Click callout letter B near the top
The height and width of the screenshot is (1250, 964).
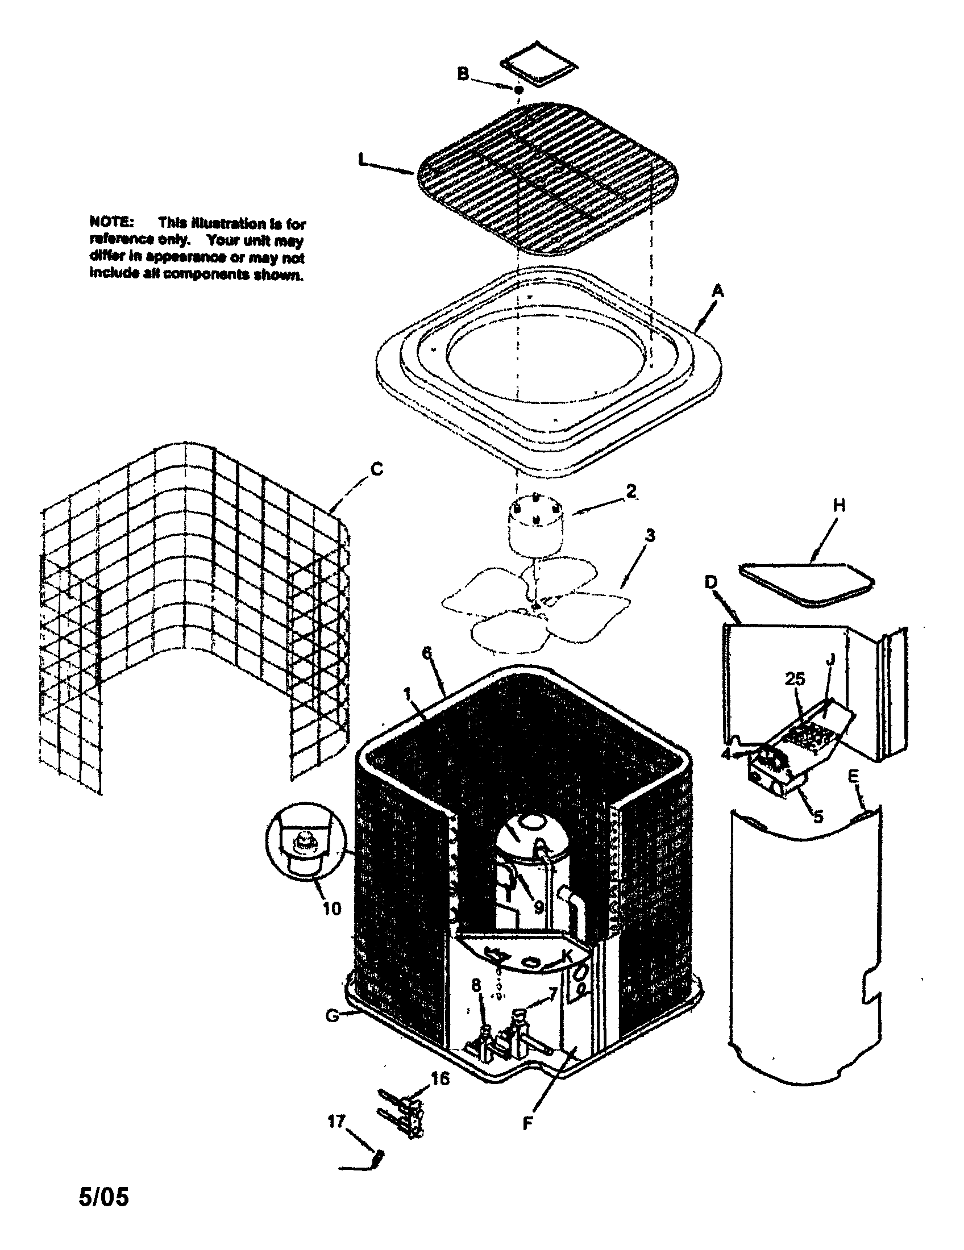tap(463, 74)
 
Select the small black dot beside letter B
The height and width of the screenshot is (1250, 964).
tap(518, 90)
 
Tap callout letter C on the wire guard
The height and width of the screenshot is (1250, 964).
tap(376, 469)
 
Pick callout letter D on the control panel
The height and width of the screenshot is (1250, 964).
tap(710, 582)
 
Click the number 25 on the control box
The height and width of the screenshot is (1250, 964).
tap(795, 679)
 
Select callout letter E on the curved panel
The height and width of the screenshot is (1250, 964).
tap(853, 776)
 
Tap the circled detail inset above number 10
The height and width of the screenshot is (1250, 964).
tap(306, 839)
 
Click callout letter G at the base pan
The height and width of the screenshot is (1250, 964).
tap(332, 1015)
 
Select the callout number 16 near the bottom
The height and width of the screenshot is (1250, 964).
tap(440, 1078)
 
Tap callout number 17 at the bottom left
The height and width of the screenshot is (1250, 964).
tap(336, 1120)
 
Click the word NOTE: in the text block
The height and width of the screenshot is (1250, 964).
tap(111, 222)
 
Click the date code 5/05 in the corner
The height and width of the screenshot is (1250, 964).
tap(103, 1196)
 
